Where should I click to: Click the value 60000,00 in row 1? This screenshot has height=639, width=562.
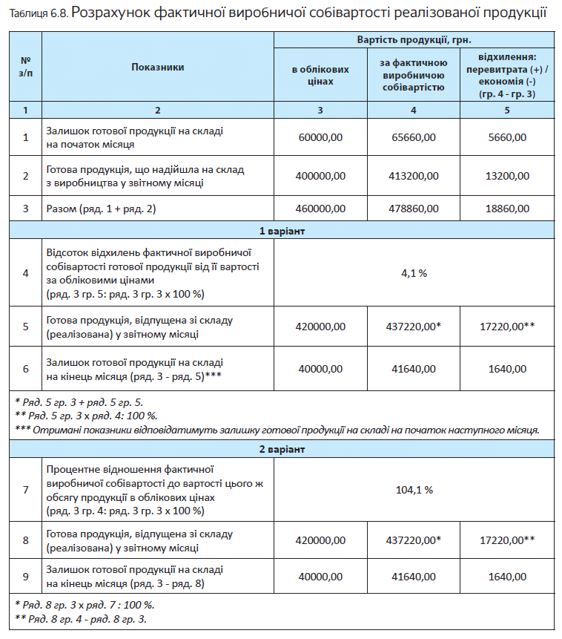(320, 137)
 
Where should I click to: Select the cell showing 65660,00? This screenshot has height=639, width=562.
(413, 137)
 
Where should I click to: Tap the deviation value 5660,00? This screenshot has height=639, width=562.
(508, 137)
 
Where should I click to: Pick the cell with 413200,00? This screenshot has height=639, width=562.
(413, 176)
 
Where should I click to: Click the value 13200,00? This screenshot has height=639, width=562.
(508, 176)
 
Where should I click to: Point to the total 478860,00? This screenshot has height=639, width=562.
(413, 209)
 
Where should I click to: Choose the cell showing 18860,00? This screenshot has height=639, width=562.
(508, 209)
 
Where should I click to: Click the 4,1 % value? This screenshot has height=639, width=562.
(414, 273)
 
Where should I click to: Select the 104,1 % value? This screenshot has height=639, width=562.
(414, 490)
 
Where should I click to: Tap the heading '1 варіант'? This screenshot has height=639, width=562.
(281, 230)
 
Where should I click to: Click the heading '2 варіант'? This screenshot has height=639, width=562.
(281, 449)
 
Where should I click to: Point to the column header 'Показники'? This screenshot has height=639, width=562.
(157, 67)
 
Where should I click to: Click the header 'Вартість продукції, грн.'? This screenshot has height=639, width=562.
(414, 39)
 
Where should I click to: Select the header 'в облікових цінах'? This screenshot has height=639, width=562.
(320, 75)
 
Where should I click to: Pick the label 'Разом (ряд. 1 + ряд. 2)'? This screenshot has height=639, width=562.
(101, 209)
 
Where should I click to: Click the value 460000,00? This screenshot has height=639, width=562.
(320, 209)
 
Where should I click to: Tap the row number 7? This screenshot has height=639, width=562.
(26, 490)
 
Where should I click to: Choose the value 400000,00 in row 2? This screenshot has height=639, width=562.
(320, 176)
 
